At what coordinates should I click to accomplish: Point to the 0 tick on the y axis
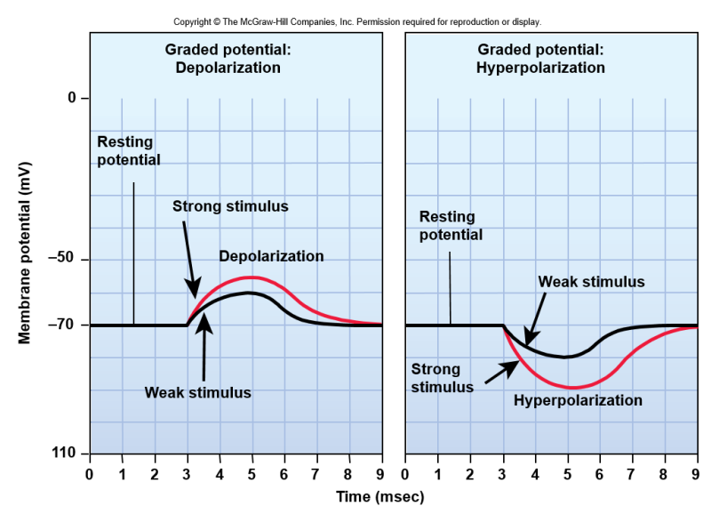pos(72,97)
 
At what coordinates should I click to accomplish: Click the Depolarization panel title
pos(228,58)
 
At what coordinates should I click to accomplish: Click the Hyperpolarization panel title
pos(540,58)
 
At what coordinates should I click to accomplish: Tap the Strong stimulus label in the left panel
pos(230,206)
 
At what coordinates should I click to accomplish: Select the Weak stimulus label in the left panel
pos(198,392)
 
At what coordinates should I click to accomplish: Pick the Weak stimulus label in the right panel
pos(591,282)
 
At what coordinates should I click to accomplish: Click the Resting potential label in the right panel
pos(451,226)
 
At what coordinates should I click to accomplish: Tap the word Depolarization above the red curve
pos(271,256)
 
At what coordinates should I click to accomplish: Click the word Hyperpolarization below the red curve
pos(578,400)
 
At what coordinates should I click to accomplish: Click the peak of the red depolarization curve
pos(252,277)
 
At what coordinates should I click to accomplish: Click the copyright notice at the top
pos(356,21)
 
